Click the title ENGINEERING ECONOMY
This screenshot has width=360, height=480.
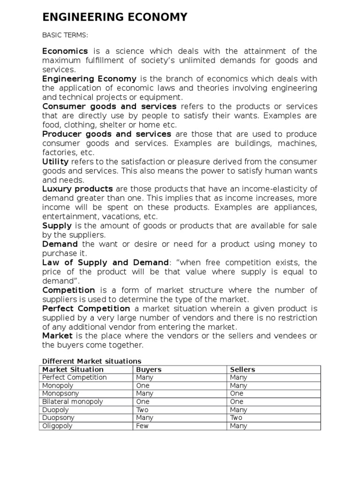tap(115, 18)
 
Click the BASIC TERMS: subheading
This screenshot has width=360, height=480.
tap(62, 35)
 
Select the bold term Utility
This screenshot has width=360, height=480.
tap(55, 162)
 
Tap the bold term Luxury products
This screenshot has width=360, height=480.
tap(77, 189)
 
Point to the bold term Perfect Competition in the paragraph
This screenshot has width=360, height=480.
tap(86, 308)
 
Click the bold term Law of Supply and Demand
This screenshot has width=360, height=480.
tap(105, 262)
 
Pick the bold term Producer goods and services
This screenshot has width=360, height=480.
tap(106, 134)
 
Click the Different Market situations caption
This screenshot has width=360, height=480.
tap(91, 361)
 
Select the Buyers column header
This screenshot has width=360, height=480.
tap(149, 369)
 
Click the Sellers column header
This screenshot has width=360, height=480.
tap(243, 369)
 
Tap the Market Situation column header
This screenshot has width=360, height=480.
tap(72, 369)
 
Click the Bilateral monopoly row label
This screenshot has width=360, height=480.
tap(73, 402)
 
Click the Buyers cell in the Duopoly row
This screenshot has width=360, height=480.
tap(142, 410)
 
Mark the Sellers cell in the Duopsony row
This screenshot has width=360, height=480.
tap(236, 418)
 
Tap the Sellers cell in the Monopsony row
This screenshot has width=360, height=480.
tap(237, 394)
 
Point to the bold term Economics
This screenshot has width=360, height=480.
tap(65, 51)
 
